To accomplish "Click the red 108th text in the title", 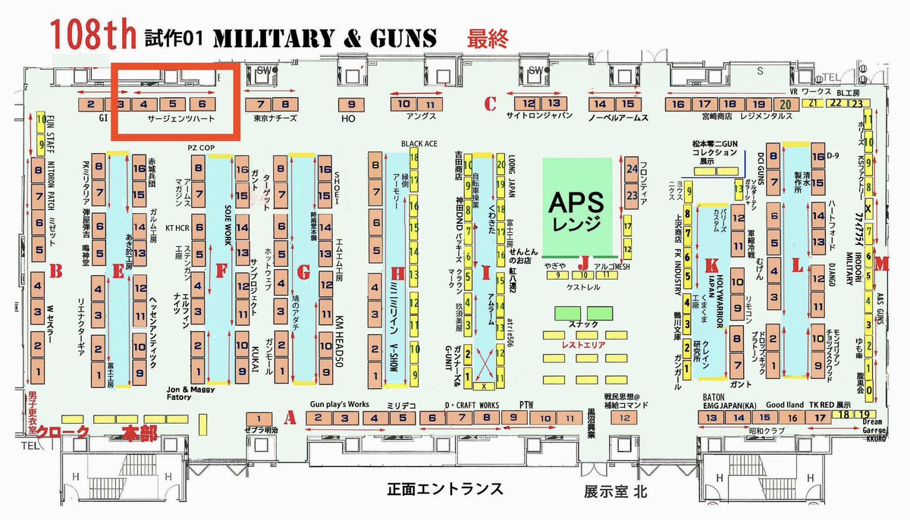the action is tap(92, 36).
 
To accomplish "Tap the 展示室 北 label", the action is tap(614, 491).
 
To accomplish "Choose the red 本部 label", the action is tap(141, 434).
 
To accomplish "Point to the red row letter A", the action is tap(287, 417).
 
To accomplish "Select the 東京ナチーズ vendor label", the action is tap(275, 119).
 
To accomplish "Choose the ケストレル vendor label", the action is tap(583, 289).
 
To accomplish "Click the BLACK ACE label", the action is tap(416, 143).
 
